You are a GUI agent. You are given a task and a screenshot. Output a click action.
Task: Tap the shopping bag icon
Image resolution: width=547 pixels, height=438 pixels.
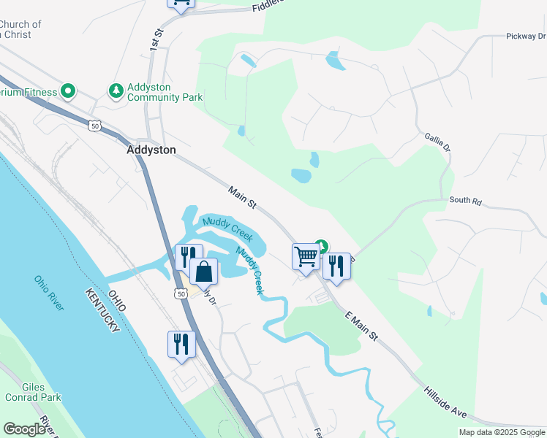204,272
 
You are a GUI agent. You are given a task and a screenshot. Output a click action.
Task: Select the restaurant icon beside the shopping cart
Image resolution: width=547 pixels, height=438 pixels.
336,265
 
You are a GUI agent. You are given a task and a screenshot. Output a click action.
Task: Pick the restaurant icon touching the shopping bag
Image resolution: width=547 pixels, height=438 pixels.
187,257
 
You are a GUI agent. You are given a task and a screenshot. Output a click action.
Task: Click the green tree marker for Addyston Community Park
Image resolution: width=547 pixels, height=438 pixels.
116,91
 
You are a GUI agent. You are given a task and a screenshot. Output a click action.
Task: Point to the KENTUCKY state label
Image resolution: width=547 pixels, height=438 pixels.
102,311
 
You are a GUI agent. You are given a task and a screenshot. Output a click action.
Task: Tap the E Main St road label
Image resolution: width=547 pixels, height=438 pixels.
361,325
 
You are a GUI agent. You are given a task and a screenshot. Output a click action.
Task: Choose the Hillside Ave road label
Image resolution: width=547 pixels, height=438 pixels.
445,401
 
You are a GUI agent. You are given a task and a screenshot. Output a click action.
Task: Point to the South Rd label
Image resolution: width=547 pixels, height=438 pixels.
466,199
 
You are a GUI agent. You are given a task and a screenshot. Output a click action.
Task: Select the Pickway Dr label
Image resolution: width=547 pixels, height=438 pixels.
525,36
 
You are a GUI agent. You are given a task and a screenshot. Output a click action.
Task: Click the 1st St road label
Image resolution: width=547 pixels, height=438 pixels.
155,39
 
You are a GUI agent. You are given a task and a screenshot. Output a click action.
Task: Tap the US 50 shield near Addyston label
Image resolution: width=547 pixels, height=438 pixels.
95,126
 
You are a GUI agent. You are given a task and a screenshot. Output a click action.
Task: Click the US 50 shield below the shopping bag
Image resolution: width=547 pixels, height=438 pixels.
181,293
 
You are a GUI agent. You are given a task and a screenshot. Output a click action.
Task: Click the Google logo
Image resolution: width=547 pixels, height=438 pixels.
25,429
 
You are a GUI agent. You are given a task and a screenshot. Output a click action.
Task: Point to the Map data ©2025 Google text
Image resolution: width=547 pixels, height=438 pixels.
502,432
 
